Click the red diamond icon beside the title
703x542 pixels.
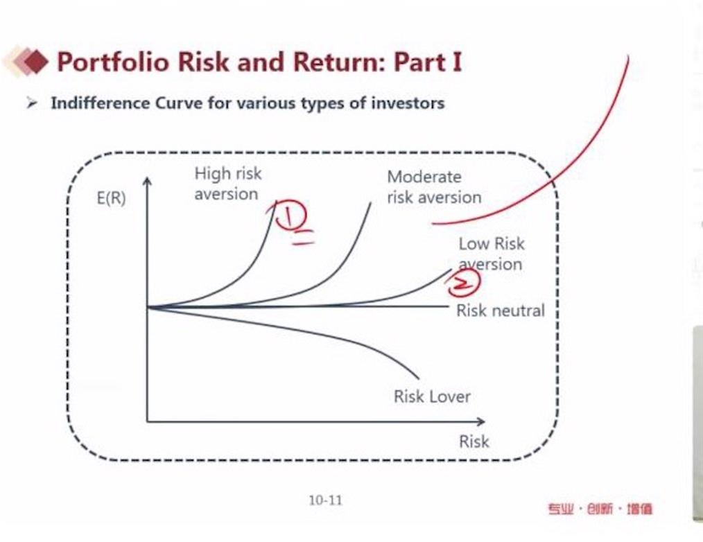(33, 62)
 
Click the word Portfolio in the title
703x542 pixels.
(114, 62)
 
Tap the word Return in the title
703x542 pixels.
(336, 62)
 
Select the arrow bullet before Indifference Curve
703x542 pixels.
(31, 103)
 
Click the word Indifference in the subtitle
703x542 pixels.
(101, 103)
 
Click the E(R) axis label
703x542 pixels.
(111, 198)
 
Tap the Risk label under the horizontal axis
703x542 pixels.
(474, 442)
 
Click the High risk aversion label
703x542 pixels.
(228, 184)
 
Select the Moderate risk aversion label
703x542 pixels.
(434, 187)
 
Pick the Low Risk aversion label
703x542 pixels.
(492, 254)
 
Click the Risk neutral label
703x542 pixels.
(501, 311)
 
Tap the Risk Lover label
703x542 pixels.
(432, 396)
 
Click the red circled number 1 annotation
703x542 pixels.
(290, 215)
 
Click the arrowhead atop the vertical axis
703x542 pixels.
(147, 180)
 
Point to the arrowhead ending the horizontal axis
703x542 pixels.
(480, 421)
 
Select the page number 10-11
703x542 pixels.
(325, 500)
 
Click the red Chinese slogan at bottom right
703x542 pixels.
(600, 509)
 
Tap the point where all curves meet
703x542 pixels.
(148, 307)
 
